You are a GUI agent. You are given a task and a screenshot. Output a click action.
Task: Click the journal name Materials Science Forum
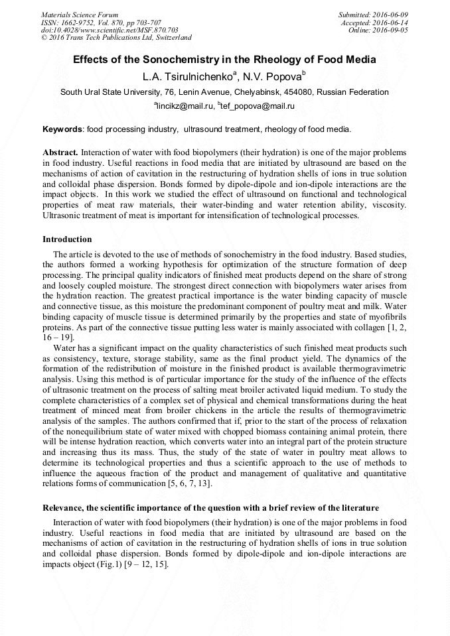tap(80, 15)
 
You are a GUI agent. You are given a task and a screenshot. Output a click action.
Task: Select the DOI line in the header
tap(110, 30)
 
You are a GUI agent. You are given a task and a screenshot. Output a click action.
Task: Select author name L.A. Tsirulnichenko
tap(190, 76)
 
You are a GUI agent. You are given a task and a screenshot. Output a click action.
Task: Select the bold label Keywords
tap(62, 129)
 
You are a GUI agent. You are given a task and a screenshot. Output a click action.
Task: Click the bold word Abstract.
tap(60, 152)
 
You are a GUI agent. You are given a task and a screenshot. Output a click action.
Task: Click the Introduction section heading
tap(67, 239)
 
